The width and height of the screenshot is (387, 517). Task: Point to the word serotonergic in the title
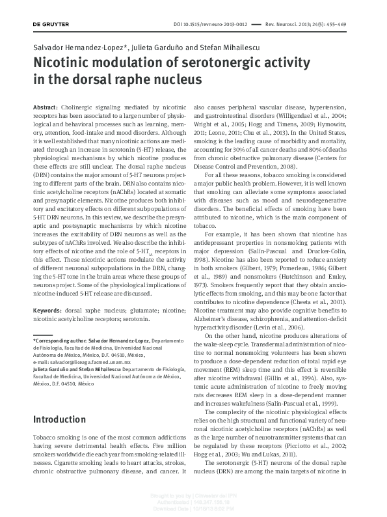coord(222,64)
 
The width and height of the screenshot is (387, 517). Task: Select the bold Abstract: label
coord(46,106)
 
